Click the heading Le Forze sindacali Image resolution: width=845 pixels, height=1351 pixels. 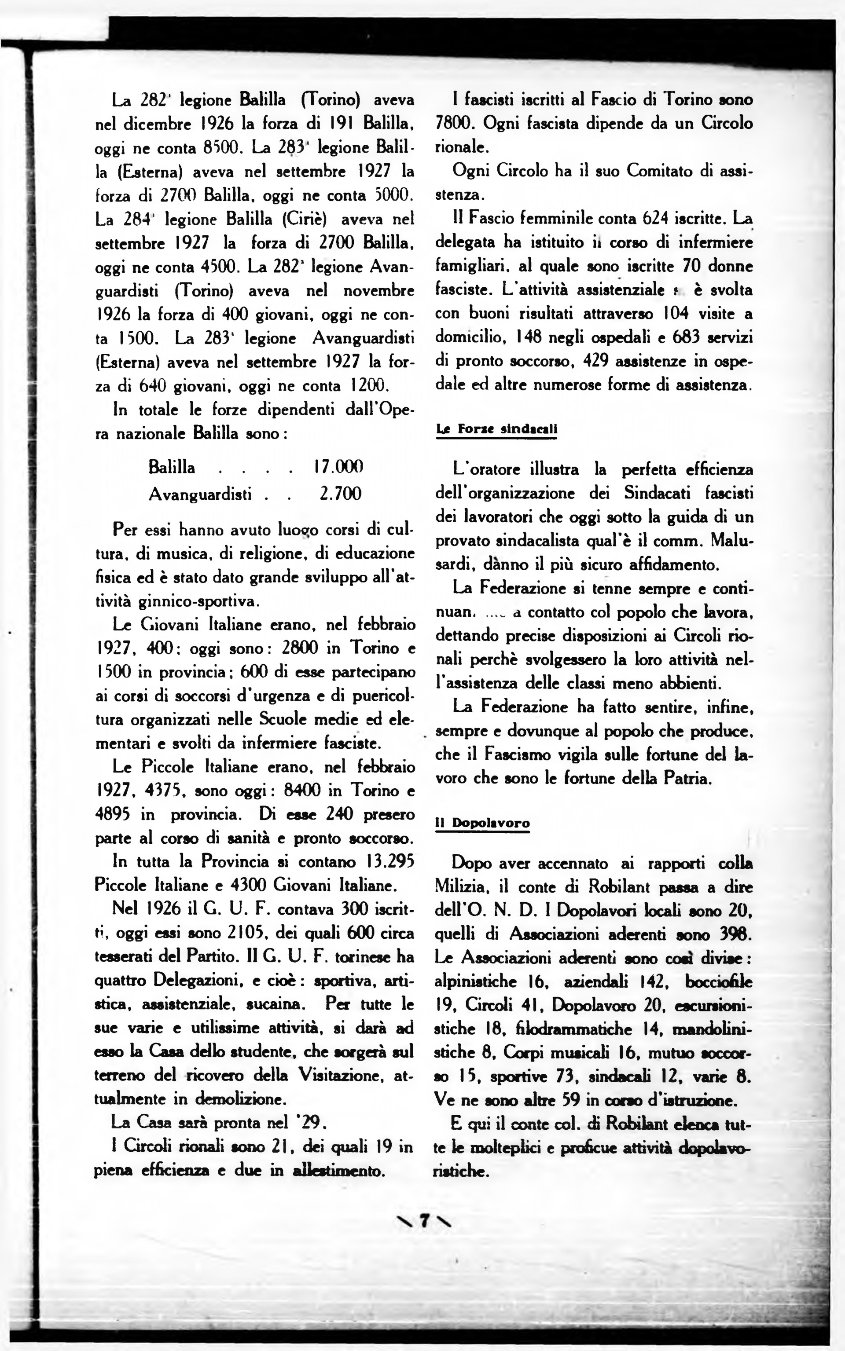496,429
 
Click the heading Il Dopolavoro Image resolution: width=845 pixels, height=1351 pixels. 482,823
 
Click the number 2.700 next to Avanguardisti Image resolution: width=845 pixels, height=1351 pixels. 340,494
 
